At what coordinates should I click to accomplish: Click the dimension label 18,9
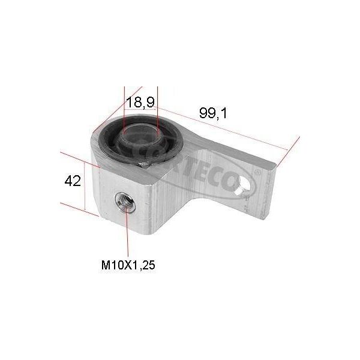pyautogui.click(x=140, y=102)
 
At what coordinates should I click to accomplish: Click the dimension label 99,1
pyautogui.click(x=213, y=113)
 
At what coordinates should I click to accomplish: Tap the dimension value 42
pyautogui.click(x=73, y=181)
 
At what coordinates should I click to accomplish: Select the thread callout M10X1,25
pyautogui.click(x=128, y=265)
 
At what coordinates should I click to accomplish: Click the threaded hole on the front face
pyautogui.click(x=125, y=203)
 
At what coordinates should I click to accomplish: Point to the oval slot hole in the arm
pyautogui.click(x=244, y=185)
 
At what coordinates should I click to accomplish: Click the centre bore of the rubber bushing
pyautogui.click(x=141, y=137)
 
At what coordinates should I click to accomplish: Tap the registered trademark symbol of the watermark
pyautogui.click(x=258, y=171)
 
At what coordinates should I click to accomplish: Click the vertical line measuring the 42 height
pyautogui.click(x=85, y=186)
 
